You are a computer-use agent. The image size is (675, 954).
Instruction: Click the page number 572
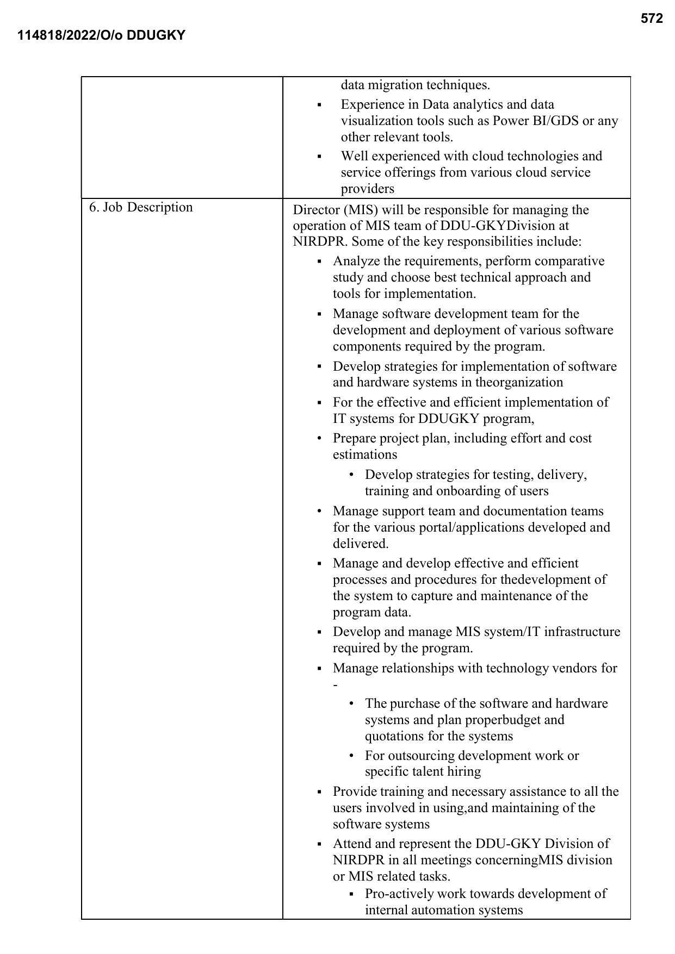652,19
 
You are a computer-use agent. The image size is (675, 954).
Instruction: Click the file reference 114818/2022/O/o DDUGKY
101,36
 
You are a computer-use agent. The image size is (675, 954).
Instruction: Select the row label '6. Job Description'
141,208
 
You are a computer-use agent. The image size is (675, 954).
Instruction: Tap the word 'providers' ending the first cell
368,189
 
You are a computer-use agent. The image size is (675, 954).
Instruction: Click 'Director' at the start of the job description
315,210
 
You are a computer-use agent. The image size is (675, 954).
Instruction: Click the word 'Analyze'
356,261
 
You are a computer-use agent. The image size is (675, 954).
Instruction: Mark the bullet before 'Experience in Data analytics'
319,105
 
